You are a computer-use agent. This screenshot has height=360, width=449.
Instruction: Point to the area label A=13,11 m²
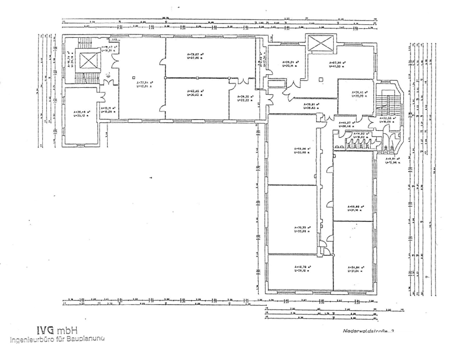(x=108, y=109)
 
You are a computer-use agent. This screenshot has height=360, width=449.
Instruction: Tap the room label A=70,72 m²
(x=302, y=229)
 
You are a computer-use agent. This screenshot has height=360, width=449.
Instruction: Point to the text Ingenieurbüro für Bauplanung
(x=56, y=340)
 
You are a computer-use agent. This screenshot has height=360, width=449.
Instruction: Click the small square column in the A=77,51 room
(x=134, y=77)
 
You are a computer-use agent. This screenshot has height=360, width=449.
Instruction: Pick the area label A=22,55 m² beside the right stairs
(x=387, y=120)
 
